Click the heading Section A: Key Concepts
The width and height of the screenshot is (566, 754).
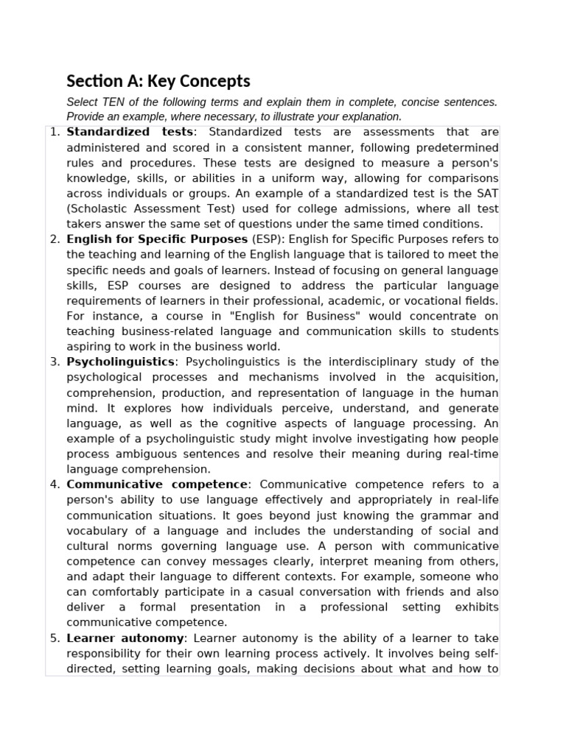click(158, 82)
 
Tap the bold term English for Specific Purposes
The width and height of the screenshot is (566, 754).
click(157, 239)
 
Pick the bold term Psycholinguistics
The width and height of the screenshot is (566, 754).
click(121, 362)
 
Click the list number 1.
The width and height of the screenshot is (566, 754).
click(54, 132)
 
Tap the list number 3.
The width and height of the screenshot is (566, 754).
click(55, 362)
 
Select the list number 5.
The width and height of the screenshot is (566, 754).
click(55, 638)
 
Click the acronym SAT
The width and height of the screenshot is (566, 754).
click(486, 193)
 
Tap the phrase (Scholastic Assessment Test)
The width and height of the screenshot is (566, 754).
click(141, 208)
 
